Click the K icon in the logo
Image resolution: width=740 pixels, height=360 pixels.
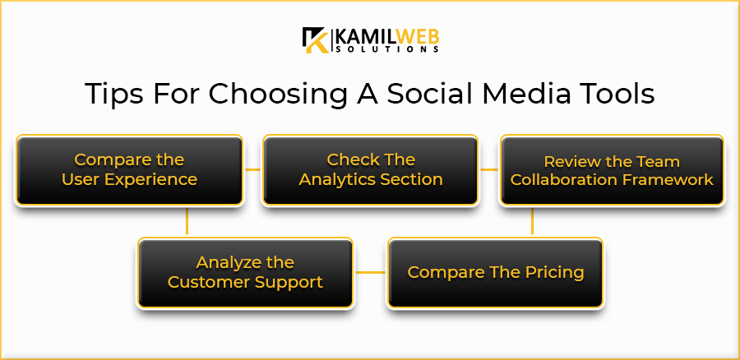[x=316, y=39]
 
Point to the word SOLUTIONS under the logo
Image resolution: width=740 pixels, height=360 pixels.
[x=386, y=49]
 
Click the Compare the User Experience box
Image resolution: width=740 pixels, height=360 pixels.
[x=129, y=170]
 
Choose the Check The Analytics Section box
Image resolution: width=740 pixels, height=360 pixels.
[x=370, y=170]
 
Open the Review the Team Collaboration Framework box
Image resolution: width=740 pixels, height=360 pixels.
[x=612, y=170]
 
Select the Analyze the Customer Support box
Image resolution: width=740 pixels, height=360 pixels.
[x=245, y=273]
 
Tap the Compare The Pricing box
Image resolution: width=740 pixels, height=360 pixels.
[x=495, y=273]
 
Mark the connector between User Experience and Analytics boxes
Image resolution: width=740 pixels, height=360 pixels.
[x=253, y=169]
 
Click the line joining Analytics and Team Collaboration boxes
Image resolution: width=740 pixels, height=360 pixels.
[x=489, y=169]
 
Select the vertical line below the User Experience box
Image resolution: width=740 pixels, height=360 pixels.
[x=187, y=221]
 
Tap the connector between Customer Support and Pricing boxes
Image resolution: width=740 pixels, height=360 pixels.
[x=370, y=273]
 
